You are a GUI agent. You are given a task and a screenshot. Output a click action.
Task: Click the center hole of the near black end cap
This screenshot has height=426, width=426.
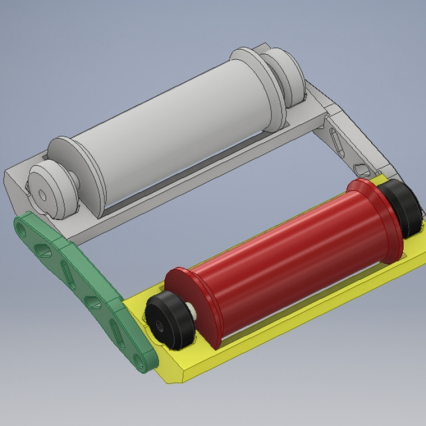coord(160,324)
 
